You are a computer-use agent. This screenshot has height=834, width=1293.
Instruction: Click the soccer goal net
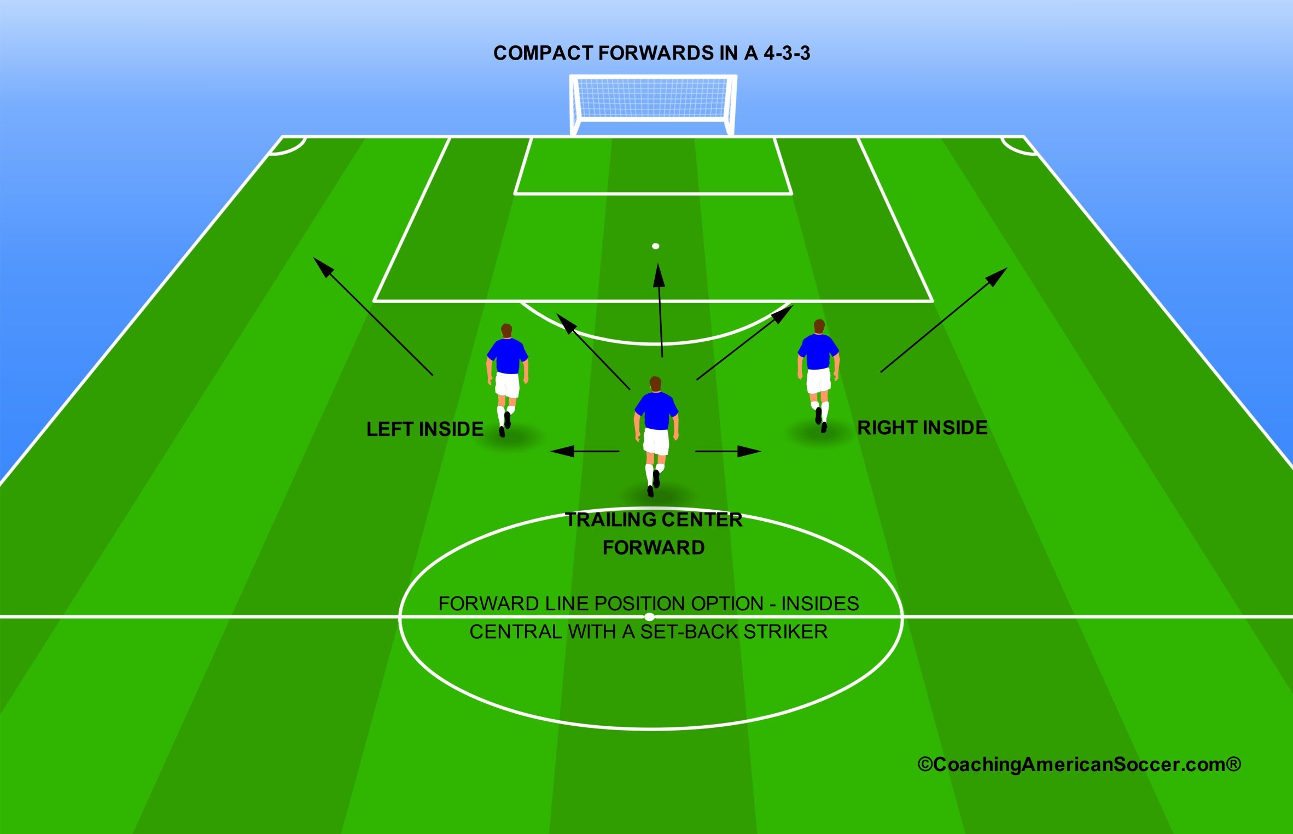653,98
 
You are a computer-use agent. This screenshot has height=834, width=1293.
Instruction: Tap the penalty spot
655,246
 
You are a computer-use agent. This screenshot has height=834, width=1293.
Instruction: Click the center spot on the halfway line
649,616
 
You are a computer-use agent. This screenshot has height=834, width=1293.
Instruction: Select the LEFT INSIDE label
425,429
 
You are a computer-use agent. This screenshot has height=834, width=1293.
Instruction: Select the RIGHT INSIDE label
922,428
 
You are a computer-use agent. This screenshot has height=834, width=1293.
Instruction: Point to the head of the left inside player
506,331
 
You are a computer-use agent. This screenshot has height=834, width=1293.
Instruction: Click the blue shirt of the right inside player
818,352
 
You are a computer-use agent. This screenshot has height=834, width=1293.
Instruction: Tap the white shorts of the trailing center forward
656,441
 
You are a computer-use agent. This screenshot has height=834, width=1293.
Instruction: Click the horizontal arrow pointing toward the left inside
585,451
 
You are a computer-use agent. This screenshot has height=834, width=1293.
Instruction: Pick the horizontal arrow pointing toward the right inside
728,451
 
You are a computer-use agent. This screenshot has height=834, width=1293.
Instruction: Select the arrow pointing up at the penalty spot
660,311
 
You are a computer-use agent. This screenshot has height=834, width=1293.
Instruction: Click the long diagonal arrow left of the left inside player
373,316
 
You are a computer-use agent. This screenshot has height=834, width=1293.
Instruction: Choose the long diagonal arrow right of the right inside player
944,320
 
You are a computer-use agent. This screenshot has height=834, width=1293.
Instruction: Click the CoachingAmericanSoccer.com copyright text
1079,765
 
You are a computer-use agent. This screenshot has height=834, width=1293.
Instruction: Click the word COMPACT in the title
543,53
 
